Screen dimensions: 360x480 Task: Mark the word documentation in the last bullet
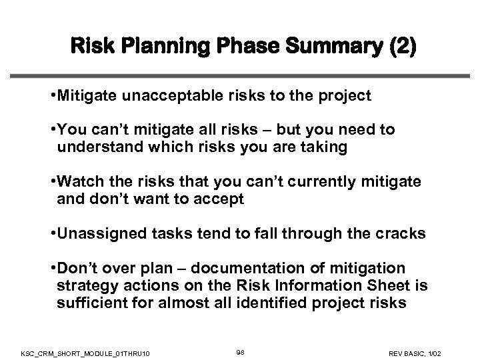click(251, 268)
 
